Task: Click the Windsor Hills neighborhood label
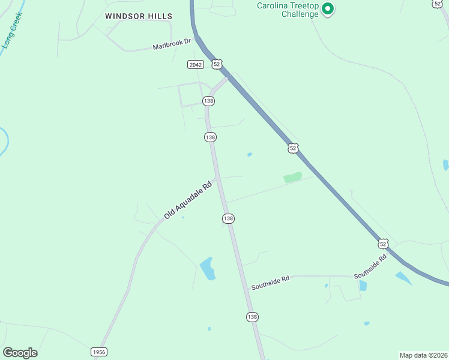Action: point(138,16)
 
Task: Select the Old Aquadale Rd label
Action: point(188,199)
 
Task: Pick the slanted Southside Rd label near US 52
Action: point(370,266)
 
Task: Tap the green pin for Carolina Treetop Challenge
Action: point(327,8)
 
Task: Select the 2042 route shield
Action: point(195,64)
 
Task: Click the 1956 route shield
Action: point(99,352)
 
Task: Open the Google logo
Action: point(20,353)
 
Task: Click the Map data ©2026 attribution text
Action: point(423,355)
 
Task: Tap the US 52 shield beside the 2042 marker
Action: point(217,63)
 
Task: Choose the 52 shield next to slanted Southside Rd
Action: point(383,243)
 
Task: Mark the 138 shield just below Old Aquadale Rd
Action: point(228,218)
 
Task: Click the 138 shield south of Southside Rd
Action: point(252,316)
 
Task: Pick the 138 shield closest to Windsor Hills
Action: point(208,101)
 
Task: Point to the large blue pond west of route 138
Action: point(208,268)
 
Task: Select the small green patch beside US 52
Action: point(292,177)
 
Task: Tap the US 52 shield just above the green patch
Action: point(292,148)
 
